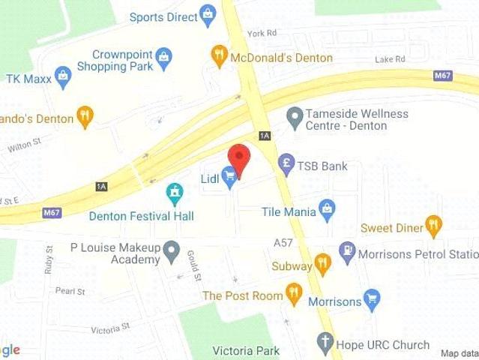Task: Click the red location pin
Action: tap(238, 158)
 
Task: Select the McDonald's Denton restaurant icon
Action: tap(219, 53)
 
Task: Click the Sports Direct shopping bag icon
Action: tap(208, 13)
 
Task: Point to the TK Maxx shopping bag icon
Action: tap(63, 77)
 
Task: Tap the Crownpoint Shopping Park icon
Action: tap(164, 56)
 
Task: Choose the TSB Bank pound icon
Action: tap(285, 165)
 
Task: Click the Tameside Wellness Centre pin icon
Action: tap(295, 117)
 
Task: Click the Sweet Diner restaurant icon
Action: tap(433, 225)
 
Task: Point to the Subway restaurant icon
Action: tap(322, 264)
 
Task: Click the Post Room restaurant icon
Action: tap(294, 295)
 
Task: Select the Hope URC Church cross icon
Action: tap(325, 343)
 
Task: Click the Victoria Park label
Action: tap(246, 350)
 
